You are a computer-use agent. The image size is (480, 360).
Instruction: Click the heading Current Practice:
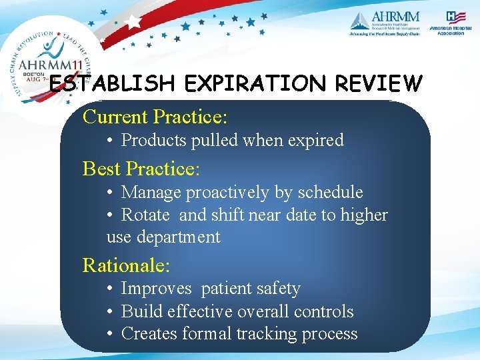coord(155,117)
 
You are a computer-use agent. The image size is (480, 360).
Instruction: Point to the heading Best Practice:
coord(141,169)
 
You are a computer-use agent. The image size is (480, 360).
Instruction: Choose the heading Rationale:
coord(126,265)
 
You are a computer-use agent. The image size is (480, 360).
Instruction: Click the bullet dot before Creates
coord(111,334)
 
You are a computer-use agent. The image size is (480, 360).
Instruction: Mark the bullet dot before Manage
coord(111,193)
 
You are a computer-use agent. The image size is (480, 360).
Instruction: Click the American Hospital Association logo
coord(447,23)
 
